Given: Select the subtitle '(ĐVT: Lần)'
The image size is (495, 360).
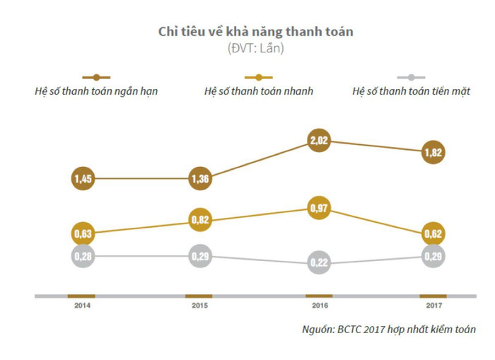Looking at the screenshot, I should [x=255, y=49].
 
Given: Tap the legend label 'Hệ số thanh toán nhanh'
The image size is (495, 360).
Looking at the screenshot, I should [x=259, y=91].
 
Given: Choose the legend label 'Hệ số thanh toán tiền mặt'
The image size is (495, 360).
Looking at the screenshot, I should [x=411, y=91].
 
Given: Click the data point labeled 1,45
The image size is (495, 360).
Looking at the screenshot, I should [x=83, y=179].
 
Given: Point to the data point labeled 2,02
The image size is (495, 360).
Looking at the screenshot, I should [x=319, y=141].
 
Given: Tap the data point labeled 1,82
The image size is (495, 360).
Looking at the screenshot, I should [x=433, y=152].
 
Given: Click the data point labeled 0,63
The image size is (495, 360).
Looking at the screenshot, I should [x=83, y=233].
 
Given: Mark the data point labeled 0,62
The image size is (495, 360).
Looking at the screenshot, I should [x=433, y=233].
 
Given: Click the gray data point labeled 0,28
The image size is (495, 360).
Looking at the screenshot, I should [x=83, y=255].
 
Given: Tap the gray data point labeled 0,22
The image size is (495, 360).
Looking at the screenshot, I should [x=319, y=264].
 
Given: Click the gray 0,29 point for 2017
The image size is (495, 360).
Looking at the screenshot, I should [x=433, y=255].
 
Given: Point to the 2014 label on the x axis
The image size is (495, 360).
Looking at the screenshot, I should [x=83, y=306].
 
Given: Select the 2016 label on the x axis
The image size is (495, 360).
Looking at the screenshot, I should [x=319, y=306].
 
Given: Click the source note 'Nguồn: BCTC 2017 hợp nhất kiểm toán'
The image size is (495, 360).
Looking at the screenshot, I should [x=388, y=330].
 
